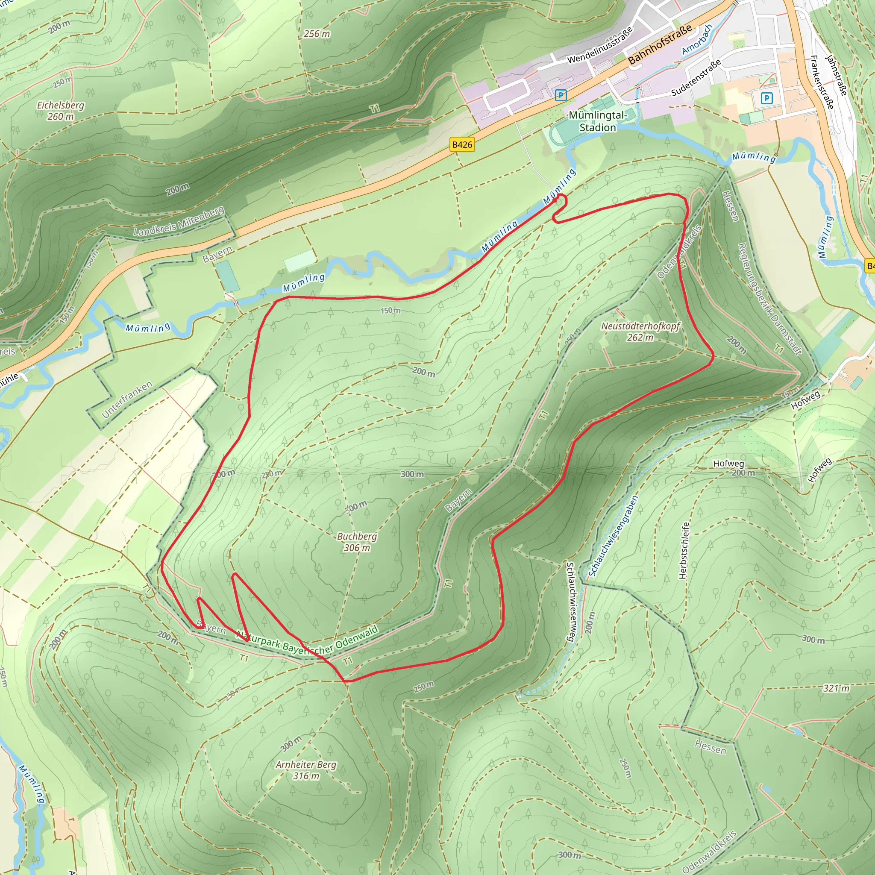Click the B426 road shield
462,144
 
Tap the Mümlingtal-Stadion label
597,121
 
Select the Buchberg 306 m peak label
357,542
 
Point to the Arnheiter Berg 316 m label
306,770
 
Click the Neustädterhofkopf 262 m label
640,332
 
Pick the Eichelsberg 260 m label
61,111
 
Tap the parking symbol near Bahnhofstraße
561,95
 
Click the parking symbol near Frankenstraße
766,98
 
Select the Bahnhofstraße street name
660,44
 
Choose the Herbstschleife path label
684,550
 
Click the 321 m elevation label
836,688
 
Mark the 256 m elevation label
317,34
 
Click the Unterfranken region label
127,399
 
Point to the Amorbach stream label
697,39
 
